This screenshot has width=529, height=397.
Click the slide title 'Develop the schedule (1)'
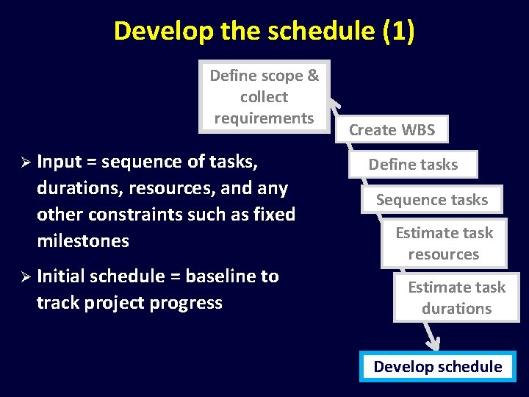(x=264, y=31)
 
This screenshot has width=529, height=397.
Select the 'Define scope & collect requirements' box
(x=264, y=96)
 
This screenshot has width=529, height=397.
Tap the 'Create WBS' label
(x=392, y=130)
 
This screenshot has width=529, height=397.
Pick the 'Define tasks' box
(x=413, y=165)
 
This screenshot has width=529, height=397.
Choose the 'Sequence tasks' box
(x=432, y=200)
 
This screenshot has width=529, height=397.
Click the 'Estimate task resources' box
(x=444, y=243)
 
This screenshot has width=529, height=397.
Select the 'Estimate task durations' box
(x=456, y=298)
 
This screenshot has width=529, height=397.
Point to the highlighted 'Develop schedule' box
(x=438, y=366)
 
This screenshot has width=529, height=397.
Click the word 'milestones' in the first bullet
(x=83, y=240)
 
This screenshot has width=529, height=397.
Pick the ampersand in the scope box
(x=313, y=76)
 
